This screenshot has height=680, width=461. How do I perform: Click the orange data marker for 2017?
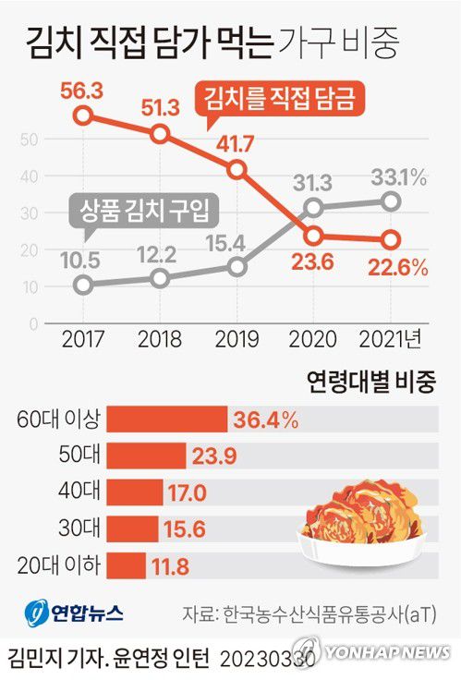click(x=83, y=115)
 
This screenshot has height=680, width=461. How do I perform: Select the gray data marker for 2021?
click(x=391, y=201)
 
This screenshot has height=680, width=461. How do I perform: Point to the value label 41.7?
click(x=237, y=145)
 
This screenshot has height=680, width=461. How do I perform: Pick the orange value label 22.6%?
click(x=397, y=268)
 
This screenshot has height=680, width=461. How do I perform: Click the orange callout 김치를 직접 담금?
click(x=275, y=97)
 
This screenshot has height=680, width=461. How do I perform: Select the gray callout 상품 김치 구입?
click(x=140, y=210)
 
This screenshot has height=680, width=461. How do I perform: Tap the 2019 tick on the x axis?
click(x=237, y=339)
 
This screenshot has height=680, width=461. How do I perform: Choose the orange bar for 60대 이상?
click(x=167, y=419)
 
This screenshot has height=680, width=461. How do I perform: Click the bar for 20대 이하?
click(x=127, y=565)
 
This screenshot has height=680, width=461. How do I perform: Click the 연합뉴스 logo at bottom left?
click(x=73, y=612)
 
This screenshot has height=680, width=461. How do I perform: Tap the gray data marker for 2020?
click(x=314, y=208)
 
